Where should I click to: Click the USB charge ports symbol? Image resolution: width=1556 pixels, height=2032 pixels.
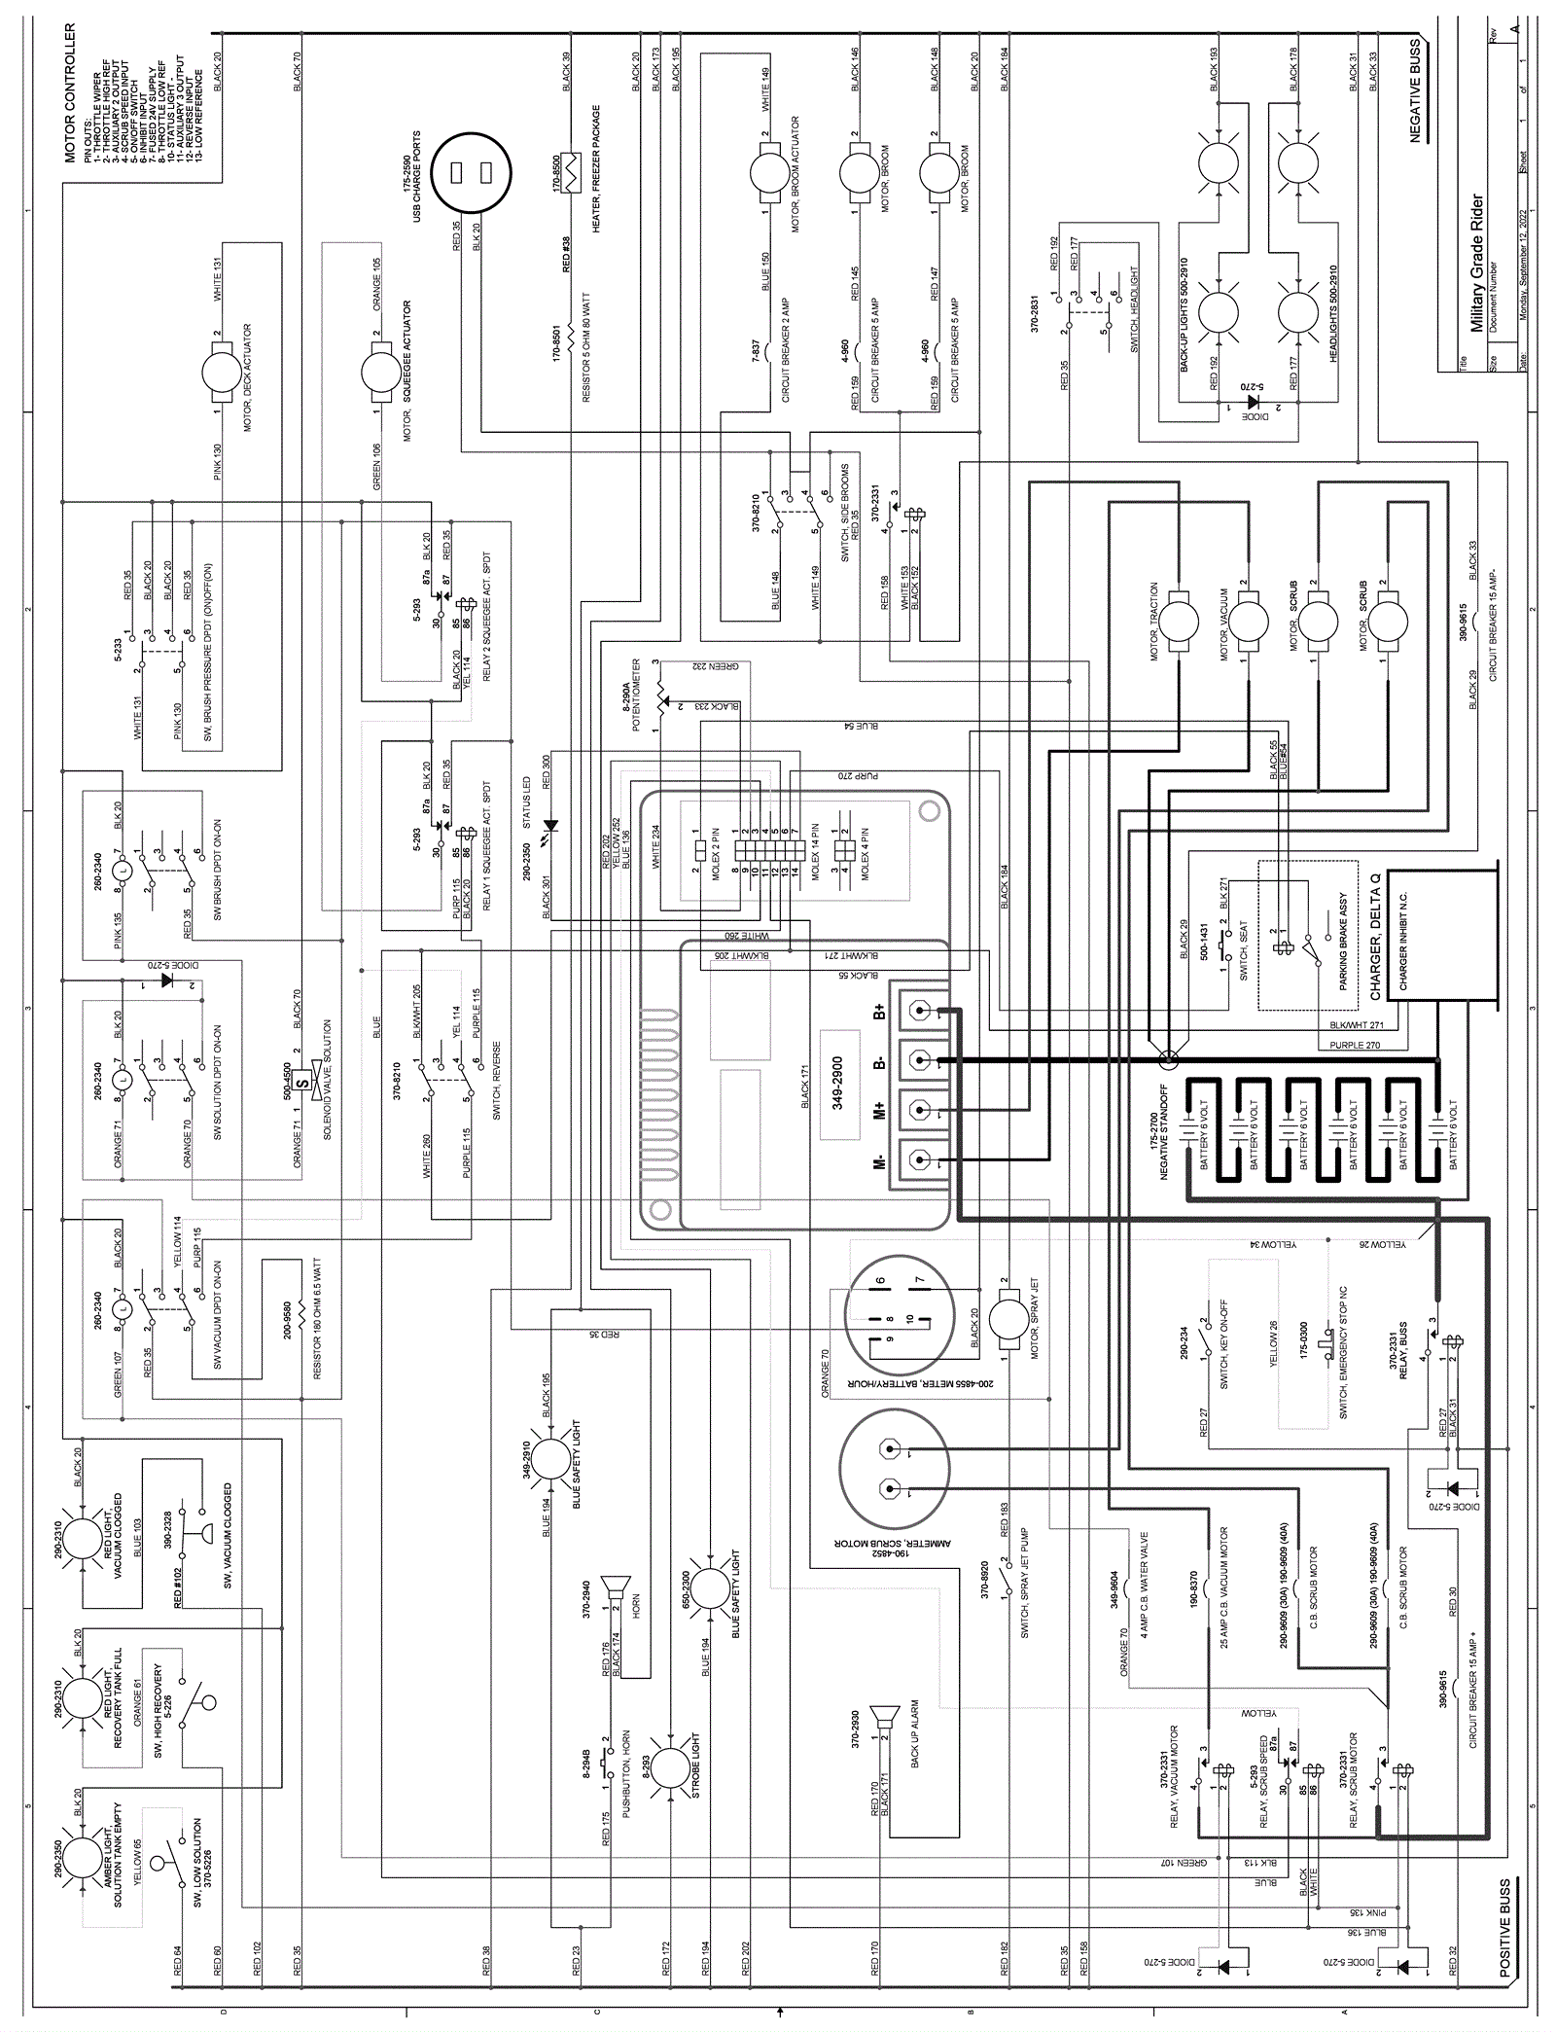[x=471, y=174]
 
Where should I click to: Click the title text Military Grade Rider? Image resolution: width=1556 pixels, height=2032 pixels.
[x=1477, y=264]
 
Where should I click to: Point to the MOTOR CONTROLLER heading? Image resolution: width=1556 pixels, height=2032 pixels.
[x=70, y=92]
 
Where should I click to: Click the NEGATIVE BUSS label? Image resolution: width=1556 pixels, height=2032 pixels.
[x=1415, y=91]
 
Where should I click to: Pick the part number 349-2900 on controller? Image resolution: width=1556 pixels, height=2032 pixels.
[x=837, y=1083]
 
